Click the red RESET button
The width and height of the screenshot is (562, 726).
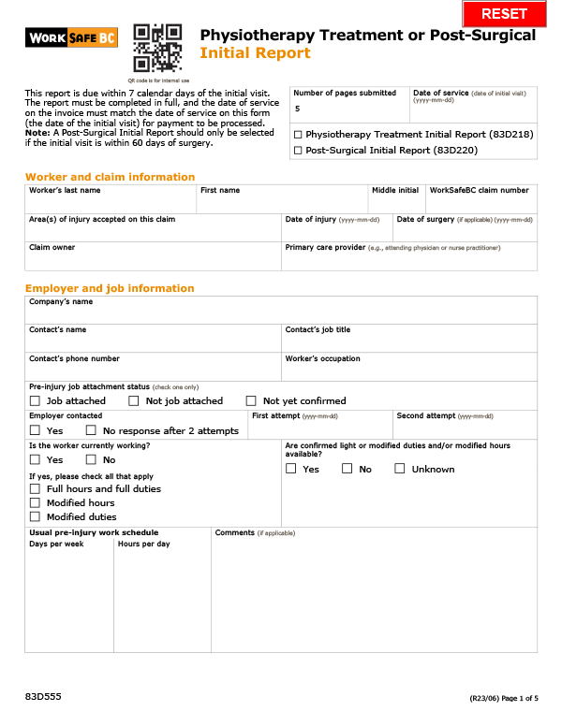pyautogui.click(x=504, y=14)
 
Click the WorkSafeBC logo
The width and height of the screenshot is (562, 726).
pyautogui.click(x=72, y=37)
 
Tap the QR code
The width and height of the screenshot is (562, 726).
pyautogui.click(x=157, y=48)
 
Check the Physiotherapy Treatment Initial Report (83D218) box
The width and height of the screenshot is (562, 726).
pyautogui.click(x=298, y=135)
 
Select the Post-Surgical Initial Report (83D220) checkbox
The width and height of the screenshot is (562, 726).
pyautogui.click(x=298, y=150)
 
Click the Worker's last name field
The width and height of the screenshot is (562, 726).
pyautogui.click(x=111, y=203)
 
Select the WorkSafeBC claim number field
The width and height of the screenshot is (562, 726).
pyautogui.click(x=481, y=203)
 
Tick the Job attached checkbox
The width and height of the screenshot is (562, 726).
pyautogui.click(x=35, y=400)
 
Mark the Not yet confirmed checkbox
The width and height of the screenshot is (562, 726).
pyautogui.click(x=250, y=400)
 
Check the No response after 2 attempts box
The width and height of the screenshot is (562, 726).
pyautogui.click(x=91, y=430)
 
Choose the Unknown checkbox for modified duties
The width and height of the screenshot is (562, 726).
pyautogui.click(x=400, y=469)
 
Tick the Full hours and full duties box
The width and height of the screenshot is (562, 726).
pyautogui.click(x=35, y=488)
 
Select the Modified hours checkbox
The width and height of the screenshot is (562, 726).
pyautogui.click(x=35, y=502)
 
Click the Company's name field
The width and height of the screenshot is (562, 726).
pyautogui.click(x=281, y=314)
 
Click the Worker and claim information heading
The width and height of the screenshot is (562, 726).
pyautogui.click(x=110, y=177)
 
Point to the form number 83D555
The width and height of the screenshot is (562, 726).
pyautogui.click(x=43, y=698)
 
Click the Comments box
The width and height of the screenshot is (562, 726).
pyautogui.click(x=375, y=595)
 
